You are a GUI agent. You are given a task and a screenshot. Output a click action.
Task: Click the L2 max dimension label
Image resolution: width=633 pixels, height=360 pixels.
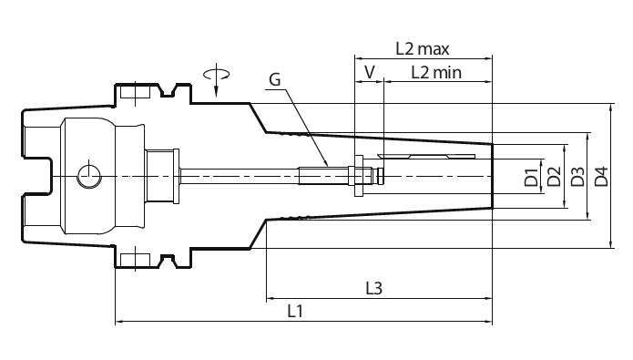point(422,49)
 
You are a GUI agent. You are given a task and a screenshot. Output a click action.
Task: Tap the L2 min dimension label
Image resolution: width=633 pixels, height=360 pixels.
point(436,73)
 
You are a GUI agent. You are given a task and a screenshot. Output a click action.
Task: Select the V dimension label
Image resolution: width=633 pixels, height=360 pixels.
point(370,73)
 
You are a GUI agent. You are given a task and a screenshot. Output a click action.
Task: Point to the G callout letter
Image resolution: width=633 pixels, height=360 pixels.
point(274,79)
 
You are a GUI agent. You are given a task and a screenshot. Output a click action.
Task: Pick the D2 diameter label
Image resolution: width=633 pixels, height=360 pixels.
point(555,177)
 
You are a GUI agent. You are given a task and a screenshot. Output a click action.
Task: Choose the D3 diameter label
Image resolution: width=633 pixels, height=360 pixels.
point(577,177)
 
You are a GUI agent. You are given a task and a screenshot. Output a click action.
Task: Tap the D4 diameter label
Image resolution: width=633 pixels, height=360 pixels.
point(601,177)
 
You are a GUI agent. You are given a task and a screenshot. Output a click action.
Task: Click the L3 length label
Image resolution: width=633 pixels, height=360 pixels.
point(373,289)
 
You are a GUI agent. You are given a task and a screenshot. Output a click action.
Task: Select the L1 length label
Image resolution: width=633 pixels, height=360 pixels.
point(295,311)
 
